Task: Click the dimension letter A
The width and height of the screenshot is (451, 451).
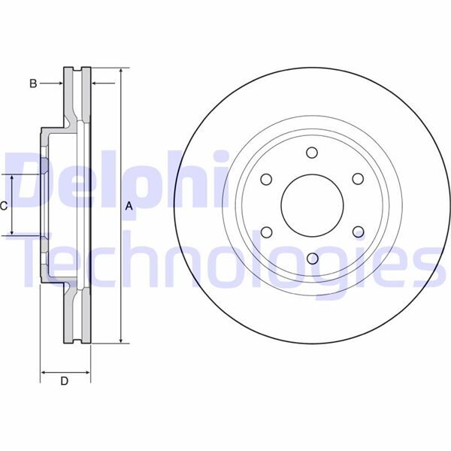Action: [129, 206]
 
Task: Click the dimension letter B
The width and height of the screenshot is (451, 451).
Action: [33, 83]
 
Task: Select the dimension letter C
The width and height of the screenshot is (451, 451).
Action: [4, 205]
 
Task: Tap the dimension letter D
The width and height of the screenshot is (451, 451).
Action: [65, 381]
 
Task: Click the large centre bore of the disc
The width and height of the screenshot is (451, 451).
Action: [311, 205]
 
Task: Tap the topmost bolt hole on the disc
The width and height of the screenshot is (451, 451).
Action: [311, 153]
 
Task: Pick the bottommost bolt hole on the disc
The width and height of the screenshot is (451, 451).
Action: [311, 259]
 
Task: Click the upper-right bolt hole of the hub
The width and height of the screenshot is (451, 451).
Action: [357, 179]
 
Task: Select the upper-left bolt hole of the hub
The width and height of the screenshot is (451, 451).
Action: [265, 179]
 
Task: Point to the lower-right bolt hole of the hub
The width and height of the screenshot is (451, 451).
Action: [357, 232]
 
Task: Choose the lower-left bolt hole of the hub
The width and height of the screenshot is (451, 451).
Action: [265, 232]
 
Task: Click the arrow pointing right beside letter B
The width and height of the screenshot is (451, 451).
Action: [59, 83]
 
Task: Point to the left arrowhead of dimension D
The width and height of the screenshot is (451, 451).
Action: [43, 371]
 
